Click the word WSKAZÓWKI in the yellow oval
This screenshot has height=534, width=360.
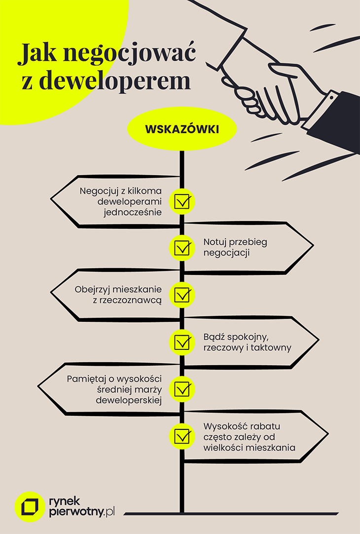point(182,129)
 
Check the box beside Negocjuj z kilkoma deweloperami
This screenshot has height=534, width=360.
point(182,201)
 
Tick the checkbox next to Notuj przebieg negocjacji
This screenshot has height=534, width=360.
point(182,248)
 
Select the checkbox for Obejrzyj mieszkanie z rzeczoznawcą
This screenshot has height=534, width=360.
point(182,295)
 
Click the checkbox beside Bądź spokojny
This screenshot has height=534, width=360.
point(182,342)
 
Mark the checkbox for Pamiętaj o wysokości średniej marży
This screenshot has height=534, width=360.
point(182,389)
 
